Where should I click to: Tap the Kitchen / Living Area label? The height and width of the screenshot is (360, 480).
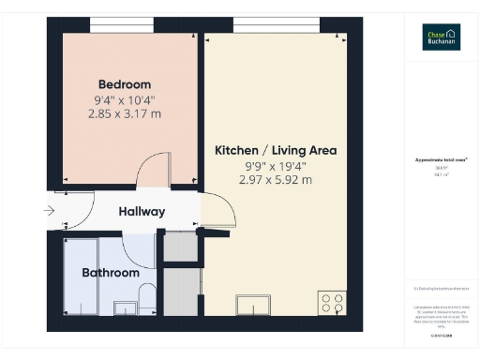(276, 150)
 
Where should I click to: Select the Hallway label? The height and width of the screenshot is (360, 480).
(142, 212)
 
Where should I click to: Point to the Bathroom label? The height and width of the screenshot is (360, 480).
(110, 273)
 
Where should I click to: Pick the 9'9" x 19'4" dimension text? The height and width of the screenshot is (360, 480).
(275, 165)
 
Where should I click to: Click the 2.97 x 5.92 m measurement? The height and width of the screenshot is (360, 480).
(275, 180)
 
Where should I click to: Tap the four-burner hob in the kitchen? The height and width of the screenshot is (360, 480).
(332, 304)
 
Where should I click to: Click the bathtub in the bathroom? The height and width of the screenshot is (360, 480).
(80, 277)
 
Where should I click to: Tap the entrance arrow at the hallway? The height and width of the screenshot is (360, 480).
(50, 212)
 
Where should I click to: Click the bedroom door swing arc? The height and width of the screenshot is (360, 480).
(154, 173)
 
